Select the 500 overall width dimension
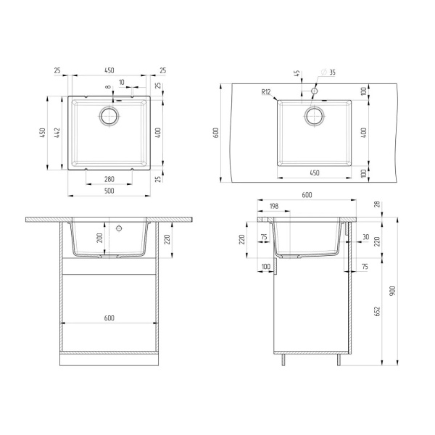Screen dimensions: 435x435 (109, 191)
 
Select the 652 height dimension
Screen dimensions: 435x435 (376, 311)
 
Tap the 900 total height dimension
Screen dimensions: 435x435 (392, 290)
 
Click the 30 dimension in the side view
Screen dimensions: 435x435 (367, 237)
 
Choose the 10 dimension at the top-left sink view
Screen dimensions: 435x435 (121, 83)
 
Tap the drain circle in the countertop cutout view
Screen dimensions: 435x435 (315, 115)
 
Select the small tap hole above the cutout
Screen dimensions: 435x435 (314, 93)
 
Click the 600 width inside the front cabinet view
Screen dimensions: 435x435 (109, 318)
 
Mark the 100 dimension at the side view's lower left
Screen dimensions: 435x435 (265, 268)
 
